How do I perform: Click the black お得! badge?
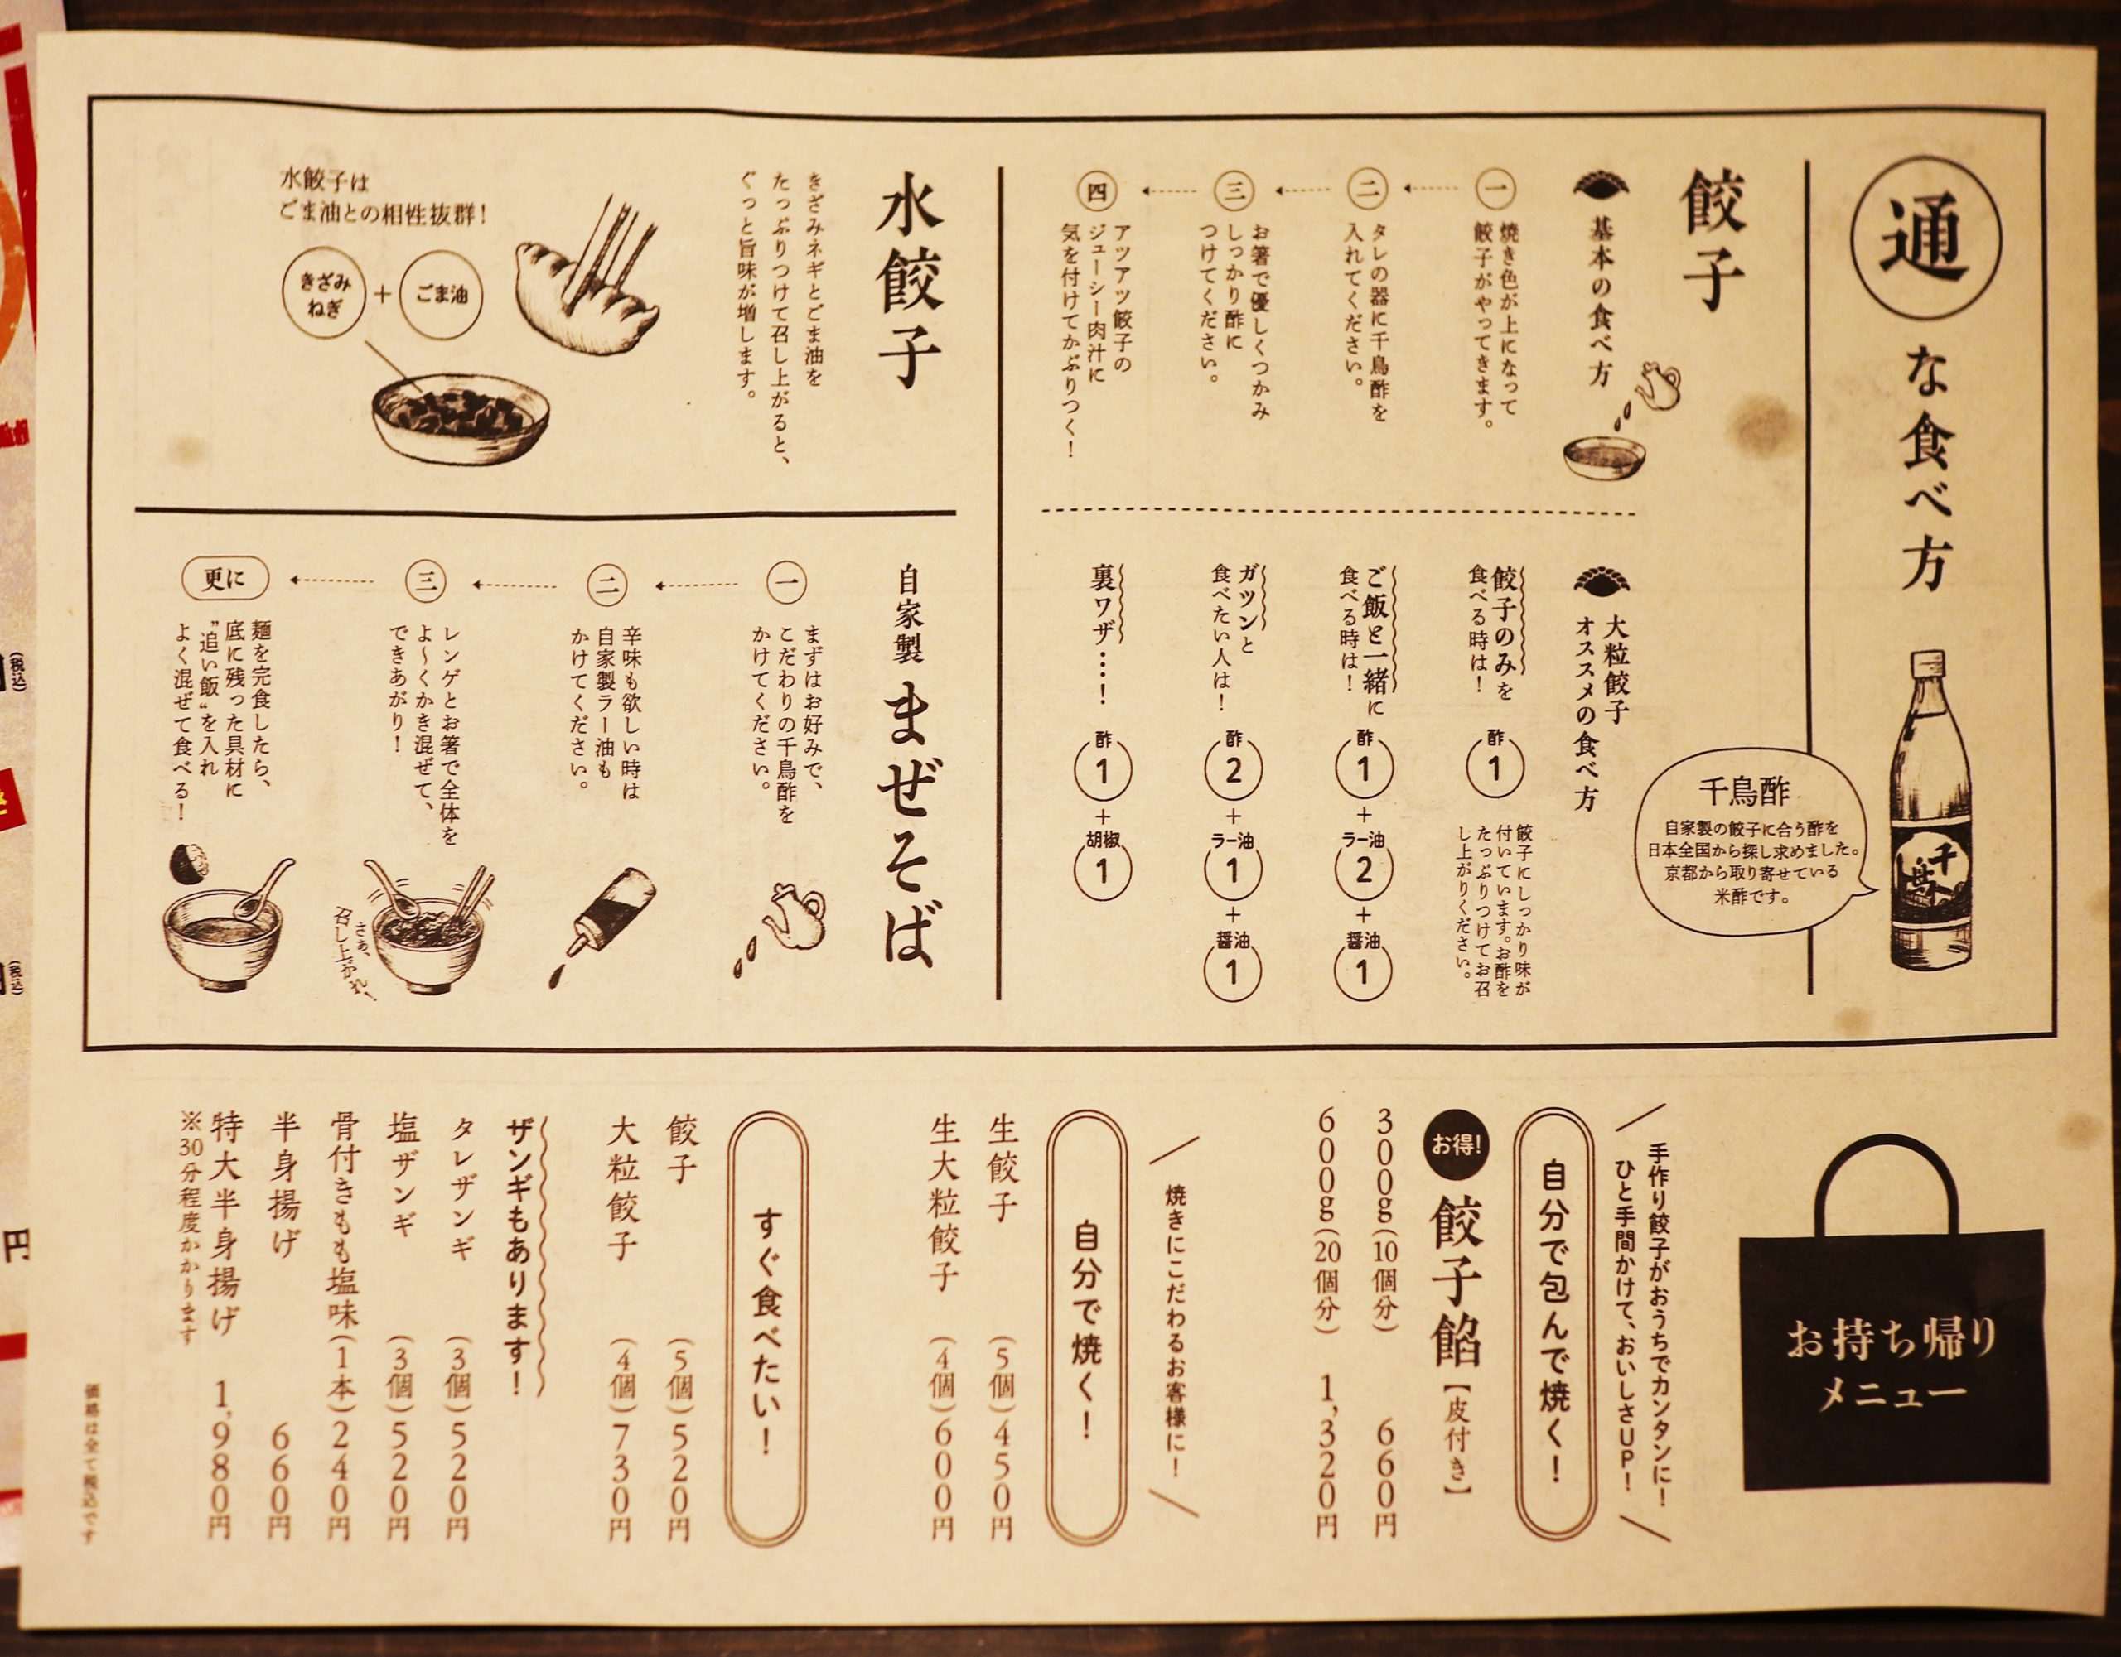coord(1454,1144)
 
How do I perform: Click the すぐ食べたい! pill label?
coord(767,1330)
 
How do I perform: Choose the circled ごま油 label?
coord(442,292)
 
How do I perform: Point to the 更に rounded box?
coord(225,580)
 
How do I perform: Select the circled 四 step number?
coord(1098,191)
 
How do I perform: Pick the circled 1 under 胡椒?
coord(1101,870)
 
